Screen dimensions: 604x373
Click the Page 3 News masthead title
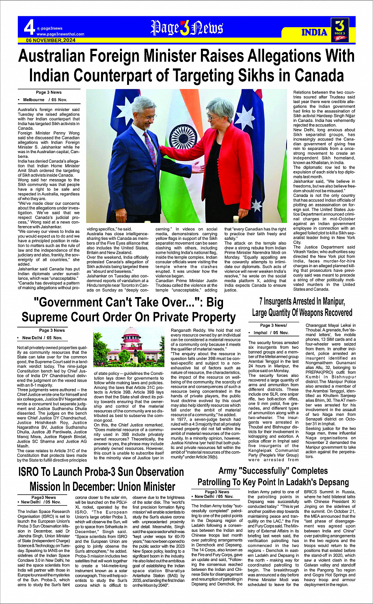[x=187, y=28]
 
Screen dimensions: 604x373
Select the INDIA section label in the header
[x=314, y=32]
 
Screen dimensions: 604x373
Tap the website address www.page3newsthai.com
[x=60, y=34]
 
